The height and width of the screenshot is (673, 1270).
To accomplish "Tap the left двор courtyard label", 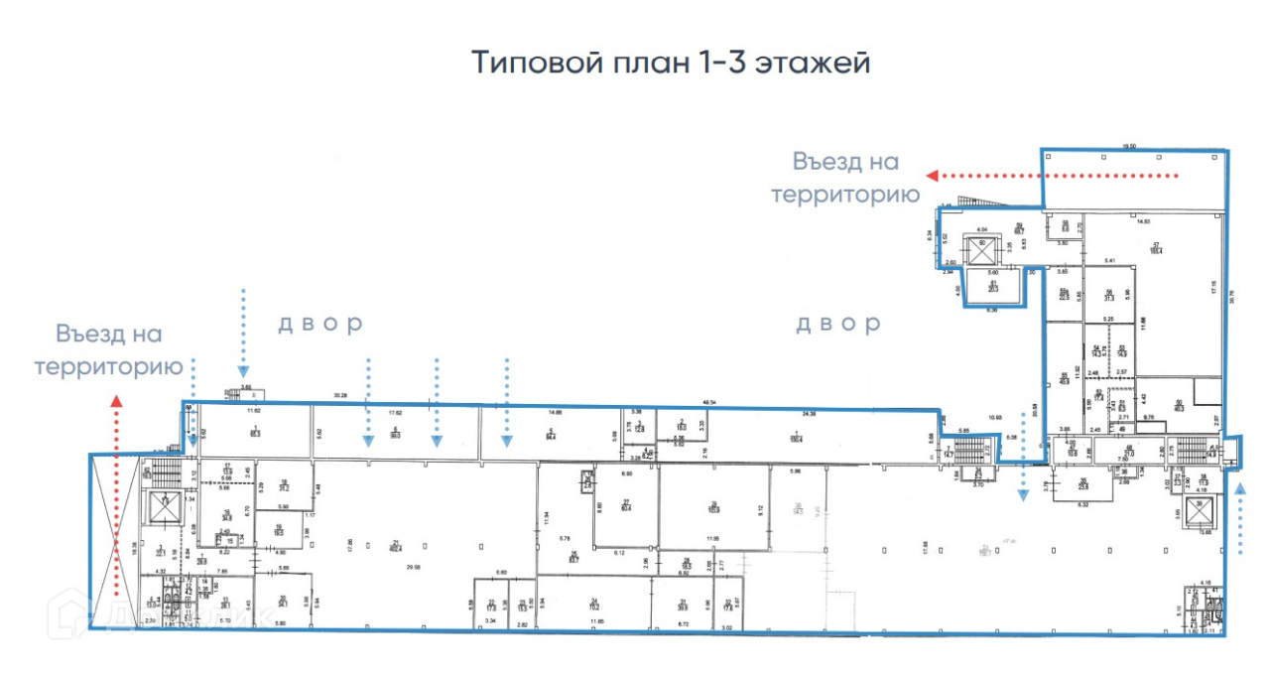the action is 319,324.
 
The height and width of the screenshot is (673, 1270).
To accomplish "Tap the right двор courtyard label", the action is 837,324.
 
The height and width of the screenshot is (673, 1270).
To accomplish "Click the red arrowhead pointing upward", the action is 116,401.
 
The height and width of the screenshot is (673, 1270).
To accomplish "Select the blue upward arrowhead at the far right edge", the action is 1239,487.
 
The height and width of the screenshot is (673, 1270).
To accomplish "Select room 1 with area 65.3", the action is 255,432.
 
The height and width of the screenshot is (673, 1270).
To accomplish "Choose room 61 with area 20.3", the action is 993,288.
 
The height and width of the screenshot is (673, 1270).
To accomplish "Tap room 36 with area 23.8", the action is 1082,486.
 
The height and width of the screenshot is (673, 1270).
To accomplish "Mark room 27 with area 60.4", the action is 626,508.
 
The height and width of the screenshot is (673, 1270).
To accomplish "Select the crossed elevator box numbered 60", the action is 983,245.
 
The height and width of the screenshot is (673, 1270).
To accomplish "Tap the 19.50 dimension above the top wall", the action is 1127,146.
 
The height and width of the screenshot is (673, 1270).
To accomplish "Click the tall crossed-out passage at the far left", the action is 114,541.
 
